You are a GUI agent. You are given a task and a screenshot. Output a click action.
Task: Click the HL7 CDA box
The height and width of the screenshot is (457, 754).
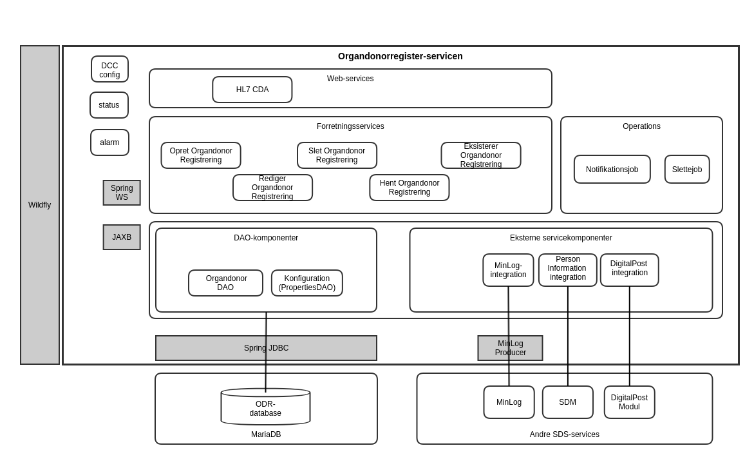[252, 90]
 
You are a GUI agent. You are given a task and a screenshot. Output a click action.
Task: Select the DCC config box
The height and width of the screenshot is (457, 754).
[109, 70]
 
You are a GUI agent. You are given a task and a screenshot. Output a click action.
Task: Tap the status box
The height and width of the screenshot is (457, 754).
[109, 105]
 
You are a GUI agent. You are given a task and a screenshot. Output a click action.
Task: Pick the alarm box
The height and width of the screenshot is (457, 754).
[109, 142]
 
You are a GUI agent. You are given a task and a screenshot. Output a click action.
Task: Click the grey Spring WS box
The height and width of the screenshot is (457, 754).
[122, 193]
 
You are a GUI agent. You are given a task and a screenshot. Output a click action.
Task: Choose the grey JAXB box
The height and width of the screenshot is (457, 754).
[122, 237]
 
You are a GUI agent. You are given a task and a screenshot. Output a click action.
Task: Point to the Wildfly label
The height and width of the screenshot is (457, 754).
[39, 205]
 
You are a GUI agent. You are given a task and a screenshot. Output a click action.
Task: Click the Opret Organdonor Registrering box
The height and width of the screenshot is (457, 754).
[201, 155]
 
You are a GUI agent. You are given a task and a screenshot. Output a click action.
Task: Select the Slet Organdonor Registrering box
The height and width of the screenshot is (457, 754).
[337, 155]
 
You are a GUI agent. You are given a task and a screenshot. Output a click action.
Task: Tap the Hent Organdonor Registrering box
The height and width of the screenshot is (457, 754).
[410, 188]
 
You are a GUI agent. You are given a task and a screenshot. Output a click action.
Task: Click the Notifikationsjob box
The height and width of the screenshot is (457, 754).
[612, 170]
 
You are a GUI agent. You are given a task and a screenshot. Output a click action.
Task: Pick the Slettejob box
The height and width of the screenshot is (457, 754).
[687, 170]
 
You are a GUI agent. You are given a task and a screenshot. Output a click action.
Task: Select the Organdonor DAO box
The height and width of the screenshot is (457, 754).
[225, 283]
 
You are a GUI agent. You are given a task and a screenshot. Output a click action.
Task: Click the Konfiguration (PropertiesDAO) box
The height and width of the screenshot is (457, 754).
[307, 283]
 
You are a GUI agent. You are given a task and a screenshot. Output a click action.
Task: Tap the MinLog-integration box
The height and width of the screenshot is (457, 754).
[508, 270]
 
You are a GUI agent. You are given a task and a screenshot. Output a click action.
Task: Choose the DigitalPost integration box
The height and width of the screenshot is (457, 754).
[630, 270]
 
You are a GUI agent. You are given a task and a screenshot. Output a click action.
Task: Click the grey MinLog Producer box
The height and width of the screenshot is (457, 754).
[510, 348]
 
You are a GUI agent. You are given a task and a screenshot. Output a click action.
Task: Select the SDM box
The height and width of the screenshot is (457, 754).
[567, 402]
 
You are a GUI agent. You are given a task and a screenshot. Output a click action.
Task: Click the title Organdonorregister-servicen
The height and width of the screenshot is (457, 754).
[400, 56]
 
